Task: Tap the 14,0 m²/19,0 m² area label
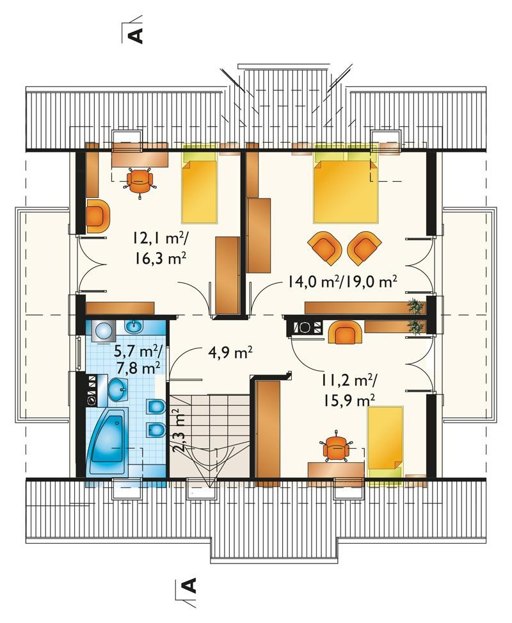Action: tap(342, 282)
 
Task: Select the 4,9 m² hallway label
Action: tap(230, 352)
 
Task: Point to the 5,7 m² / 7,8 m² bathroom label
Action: tap(138, 359)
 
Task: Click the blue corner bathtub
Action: tap(108, 441)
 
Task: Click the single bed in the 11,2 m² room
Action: tap(385, 441)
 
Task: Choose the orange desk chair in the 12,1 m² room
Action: tap(140, 181)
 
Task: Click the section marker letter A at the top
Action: tap(136, 35)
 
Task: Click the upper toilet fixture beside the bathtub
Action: tap(156, 407)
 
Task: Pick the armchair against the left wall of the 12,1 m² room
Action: tap(97, 216)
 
